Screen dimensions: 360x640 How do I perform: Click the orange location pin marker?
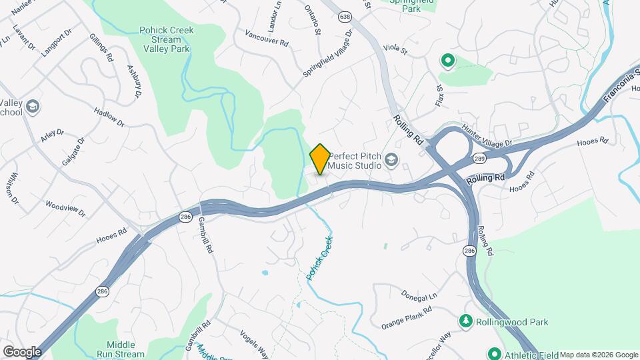[320, 159]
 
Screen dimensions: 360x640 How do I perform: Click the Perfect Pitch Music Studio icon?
[391, 159]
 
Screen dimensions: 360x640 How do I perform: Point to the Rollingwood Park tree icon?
[465, 322]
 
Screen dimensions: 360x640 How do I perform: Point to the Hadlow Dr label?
[109, 118]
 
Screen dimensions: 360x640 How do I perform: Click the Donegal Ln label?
[419, 294]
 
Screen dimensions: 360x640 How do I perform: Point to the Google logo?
[22, 351]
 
